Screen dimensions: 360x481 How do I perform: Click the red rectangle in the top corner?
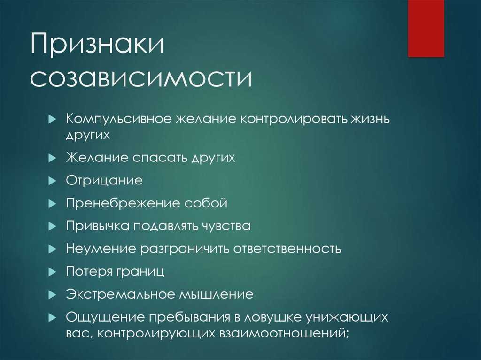[426, 28]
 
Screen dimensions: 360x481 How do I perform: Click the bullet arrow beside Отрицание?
[52, 181]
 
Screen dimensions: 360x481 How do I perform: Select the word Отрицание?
[104, 180]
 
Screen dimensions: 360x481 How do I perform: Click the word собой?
[206, 203]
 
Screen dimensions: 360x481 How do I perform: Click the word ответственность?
[288, 249]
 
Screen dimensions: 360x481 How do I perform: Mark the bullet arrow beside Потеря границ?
[52, 272]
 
